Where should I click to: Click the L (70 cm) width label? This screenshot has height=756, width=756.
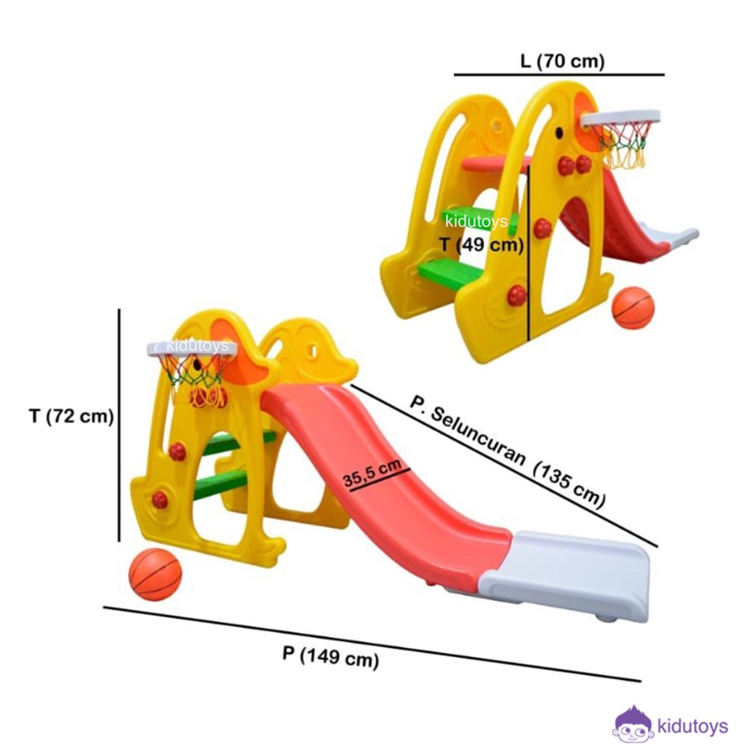(562, 61)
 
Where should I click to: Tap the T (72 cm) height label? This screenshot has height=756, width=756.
(71, 416)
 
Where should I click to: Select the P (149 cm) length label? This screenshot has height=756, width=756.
(330, 657)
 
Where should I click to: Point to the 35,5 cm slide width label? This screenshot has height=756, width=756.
(372, 473)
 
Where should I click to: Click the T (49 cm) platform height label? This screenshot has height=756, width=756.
(482, 244)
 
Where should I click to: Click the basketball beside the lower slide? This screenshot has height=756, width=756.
(155, 575)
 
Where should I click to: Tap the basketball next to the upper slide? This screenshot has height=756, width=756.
(633, 308)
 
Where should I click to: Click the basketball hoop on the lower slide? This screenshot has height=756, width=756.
(192, 368)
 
